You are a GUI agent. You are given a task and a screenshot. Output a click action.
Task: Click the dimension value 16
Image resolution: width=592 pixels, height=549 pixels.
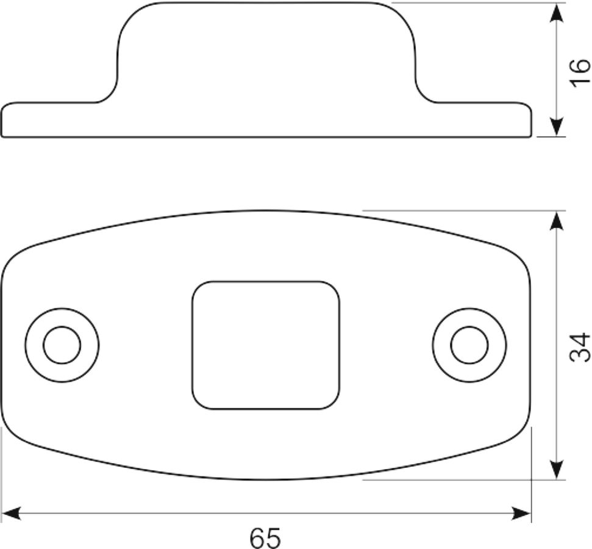pos(580,73)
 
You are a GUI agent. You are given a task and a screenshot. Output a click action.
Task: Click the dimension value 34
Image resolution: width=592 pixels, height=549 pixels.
pos(580,347)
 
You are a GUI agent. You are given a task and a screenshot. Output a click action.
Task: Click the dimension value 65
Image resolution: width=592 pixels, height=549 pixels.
pos(265,538)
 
